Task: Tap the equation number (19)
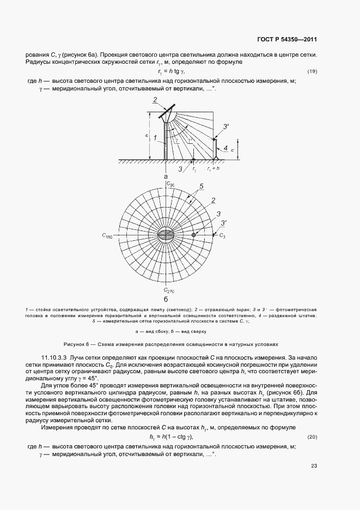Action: click(x=313, y=71)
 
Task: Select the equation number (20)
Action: click(x=313, y=437)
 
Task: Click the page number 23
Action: click(x=314, y=465)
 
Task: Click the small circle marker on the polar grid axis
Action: click(x=193, y=235)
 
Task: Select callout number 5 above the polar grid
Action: click(x=201, y=186)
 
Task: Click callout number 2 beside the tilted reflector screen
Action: click(x=155, y=100)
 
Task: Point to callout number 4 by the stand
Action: click(x=225, y=147)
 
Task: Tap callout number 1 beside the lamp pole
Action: click(x=155, y=138)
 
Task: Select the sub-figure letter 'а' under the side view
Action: click(x=165, y=177)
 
